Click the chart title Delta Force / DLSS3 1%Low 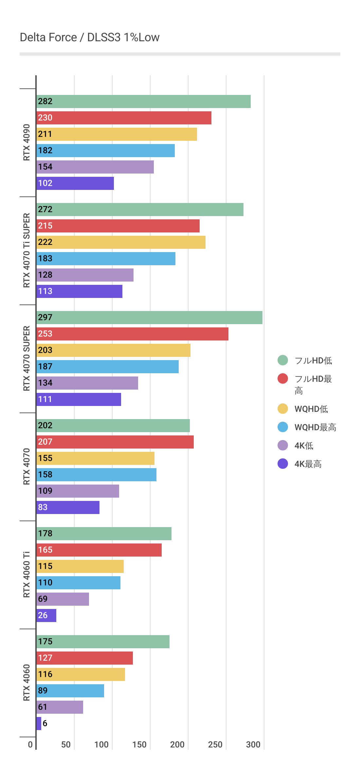[x=89, y=37]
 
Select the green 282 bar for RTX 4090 [x=143, y=101]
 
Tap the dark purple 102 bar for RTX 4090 [x=75, y=183]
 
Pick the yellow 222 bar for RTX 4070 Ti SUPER [x=121, y=242]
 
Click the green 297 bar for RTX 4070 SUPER [x=149, y=318]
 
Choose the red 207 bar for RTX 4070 [x=115, y=442]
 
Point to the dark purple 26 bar [x=46, y=616]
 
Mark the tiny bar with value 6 [x=39, y=724]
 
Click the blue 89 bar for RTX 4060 [x=70, y=691]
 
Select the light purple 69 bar [x=63, y=599]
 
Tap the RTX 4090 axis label [x=27, y=142]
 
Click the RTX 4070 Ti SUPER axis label [x=27, y=250]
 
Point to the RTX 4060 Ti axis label [x=27, y=575]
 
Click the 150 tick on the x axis [x=139, y=744]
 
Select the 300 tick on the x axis [x=253, y=744]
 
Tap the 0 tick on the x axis [x=30, y=744]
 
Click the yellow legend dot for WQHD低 [x=283, y=409]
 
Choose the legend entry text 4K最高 [x=308, y=464]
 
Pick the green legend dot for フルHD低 [x=283, y=360]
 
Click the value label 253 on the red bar [x=45, y=334]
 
